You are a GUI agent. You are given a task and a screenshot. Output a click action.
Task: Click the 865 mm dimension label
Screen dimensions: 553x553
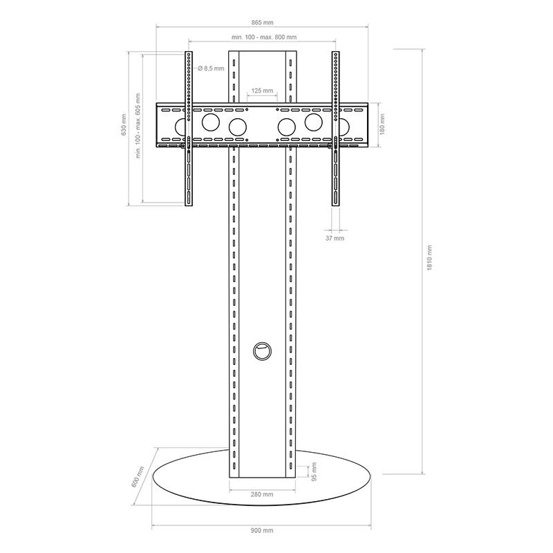(262, 23)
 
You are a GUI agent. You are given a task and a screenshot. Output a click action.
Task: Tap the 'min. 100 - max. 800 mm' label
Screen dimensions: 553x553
(264, 37)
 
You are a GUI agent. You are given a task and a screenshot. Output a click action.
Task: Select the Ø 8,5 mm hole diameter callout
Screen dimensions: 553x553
(211, 68)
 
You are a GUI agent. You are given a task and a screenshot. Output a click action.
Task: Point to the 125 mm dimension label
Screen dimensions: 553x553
(262, 91)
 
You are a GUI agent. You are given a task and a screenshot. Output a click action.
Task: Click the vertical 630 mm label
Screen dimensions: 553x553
(124, 124)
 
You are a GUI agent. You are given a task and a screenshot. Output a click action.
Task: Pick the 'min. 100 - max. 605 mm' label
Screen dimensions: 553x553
(138, 126)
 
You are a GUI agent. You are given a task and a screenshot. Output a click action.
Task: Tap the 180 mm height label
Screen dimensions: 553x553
(382, 124)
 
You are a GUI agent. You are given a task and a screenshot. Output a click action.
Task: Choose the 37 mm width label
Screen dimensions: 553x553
(335, 238)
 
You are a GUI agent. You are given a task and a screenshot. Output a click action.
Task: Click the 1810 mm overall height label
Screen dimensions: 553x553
(429, 258)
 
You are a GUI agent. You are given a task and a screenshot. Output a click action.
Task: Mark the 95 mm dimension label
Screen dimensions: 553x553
(315, 471)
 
